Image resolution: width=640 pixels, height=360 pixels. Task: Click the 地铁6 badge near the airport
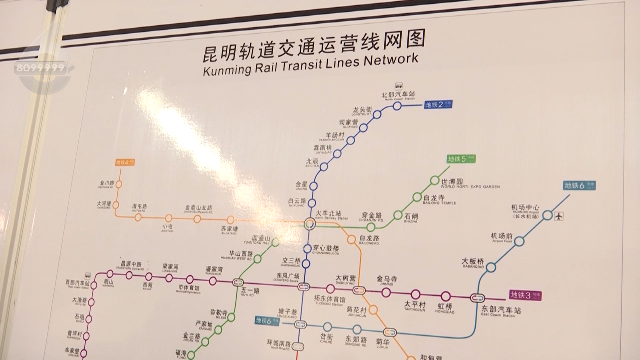click(579, 185)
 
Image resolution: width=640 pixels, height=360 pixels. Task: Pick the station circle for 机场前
click(511, 244)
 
